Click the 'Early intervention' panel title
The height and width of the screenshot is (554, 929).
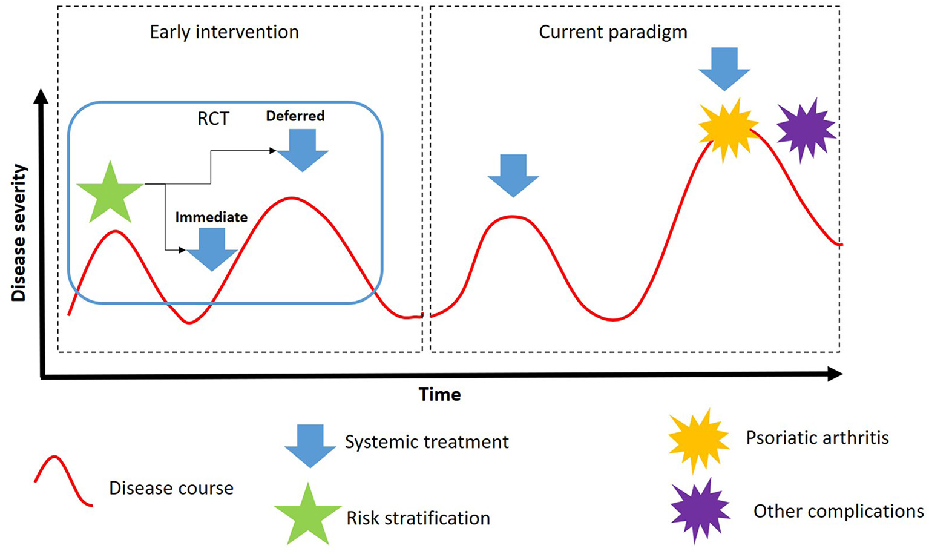224,32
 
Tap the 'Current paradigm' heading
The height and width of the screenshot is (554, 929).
612,32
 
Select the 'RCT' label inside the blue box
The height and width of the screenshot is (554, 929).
213,119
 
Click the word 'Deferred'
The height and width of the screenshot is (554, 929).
295,116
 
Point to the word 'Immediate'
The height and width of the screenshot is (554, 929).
211,217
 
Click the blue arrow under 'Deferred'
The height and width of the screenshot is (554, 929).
302,150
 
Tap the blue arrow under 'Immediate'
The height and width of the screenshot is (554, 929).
212,249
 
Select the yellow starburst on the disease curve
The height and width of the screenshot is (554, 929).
727,129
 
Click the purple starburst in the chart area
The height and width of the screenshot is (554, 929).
806,130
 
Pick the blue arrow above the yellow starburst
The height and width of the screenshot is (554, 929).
724,68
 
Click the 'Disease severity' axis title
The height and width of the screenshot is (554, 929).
19,232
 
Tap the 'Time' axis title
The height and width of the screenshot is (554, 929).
440,395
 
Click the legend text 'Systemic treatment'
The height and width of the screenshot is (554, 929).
426,442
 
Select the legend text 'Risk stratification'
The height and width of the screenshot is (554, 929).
418,518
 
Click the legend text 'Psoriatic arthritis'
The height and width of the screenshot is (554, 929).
817,438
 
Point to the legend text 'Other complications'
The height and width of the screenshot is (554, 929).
838,511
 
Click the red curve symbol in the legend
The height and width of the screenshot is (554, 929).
64,481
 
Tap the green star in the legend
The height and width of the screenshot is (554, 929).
308,515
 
